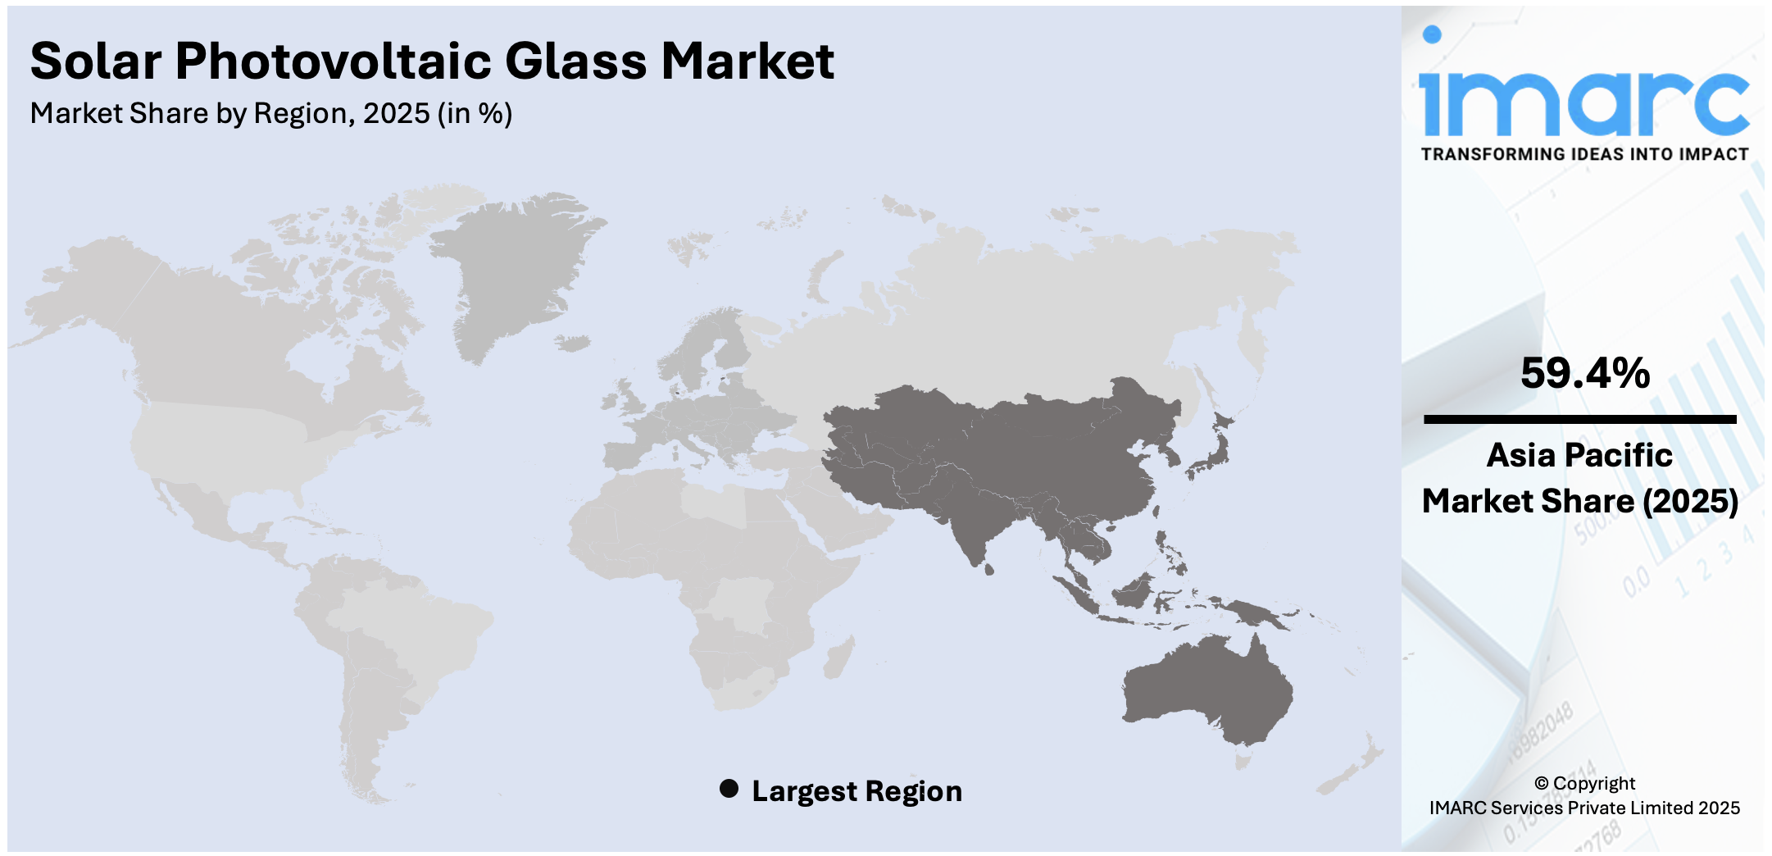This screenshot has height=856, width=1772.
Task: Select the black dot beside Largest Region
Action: (x=729, y=789)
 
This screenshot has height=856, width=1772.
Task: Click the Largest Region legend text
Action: (x=856, y=791)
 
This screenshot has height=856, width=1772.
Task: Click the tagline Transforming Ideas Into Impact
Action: (x=1584, y=154)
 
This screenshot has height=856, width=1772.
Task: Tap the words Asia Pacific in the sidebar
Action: (x=1579, y=455)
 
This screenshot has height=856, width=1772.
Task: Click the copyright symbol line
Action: (x=1584, y=783)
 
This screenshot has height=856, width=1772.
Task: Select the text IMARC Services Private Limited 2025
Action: (x=1584, y=808)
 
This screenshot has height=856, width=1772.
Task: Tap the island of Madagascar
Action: (x=838, y=658)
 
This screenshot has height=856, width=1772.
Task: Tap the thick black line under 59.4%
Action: (x=1579, y=420)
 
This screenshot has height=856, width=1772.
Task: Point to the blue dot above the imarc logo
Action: (x=1432, y=34)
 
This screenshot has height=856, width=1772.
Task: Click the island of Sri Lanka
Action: (x=988, y=568)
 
